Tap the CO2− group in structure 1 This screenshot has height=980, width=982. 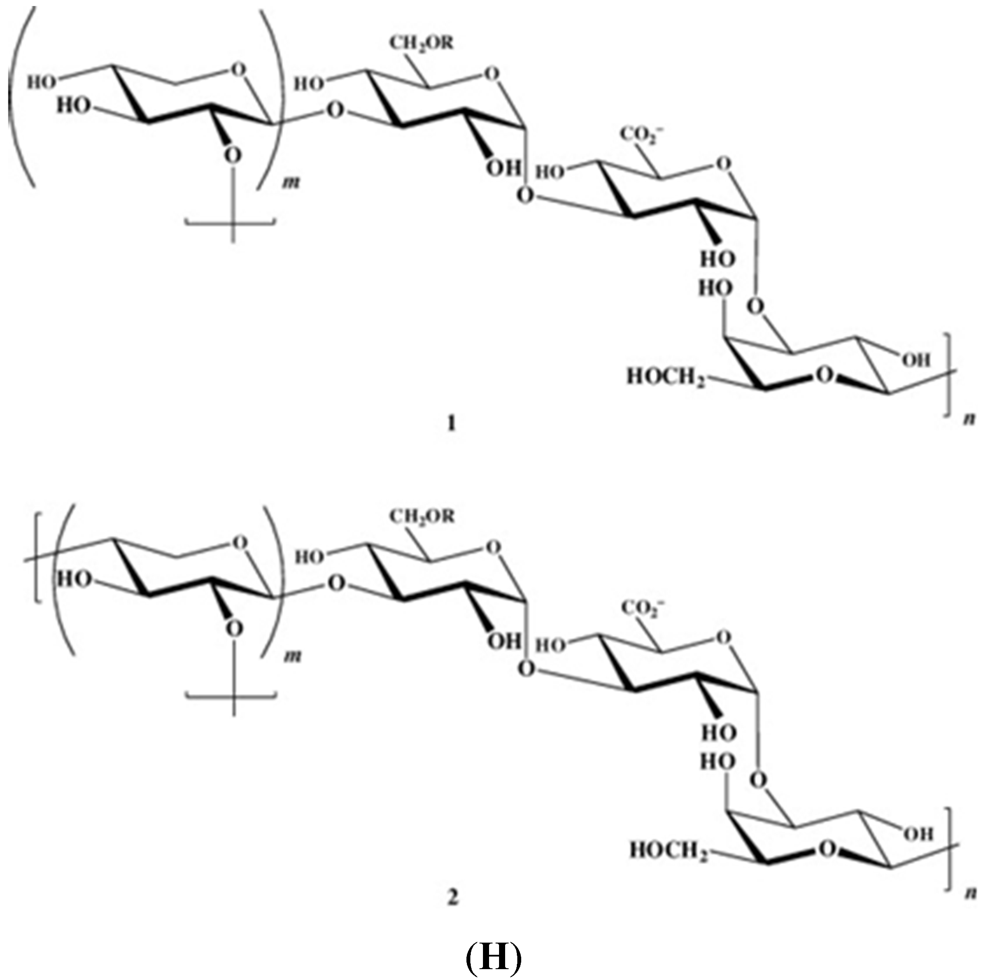pos(642,136)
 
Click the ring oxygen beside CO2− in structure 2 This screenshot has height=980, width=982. pos(721,637)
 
